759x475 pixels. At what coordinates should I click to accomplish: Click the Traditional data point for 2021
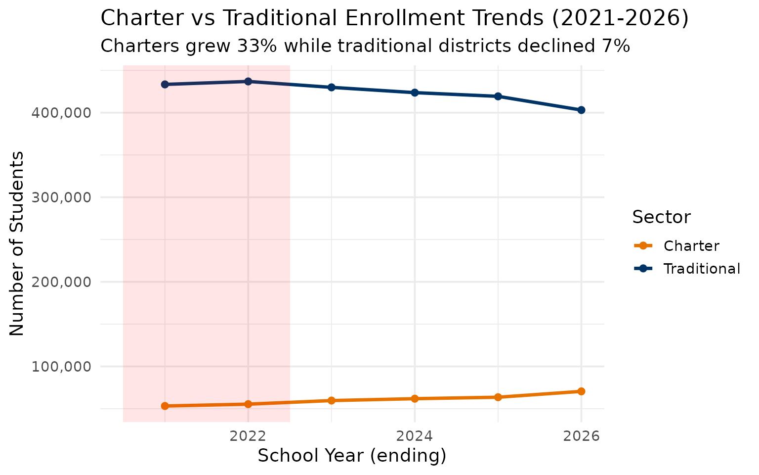tap(165, 85)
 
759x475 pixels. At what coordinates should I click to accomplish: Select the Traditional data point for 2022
tap(248, 81)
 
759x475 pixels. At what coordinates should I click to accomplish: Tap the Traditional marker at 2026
tap(581, 110)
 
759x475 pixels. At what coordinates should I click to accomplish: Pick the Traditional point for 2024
tap(415, 93)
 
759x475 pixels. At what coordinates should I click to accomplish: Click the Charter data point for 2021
tap(165, 406)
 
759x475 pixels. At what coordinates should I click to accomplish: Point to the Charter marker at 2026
tap(581, 391)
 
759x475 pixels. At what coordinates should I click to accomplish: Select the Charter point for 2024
tap(415, 399)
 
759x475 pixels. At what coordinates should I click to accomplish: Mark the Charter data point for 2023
tap(332, 400)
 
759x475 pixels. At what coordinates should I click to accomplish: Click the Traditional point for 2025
tap(498, 96)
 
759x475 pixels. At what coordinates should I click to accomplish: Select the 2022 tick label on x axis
tap(248, 436)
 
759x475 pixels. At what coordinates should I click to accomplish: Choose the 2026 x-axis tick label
tap(581, 436)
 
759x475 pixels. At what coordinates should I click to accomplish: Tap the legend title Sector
tap(661, 217)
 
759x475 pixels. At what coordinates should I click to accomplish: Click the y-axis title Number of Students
tap(17, 243)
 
